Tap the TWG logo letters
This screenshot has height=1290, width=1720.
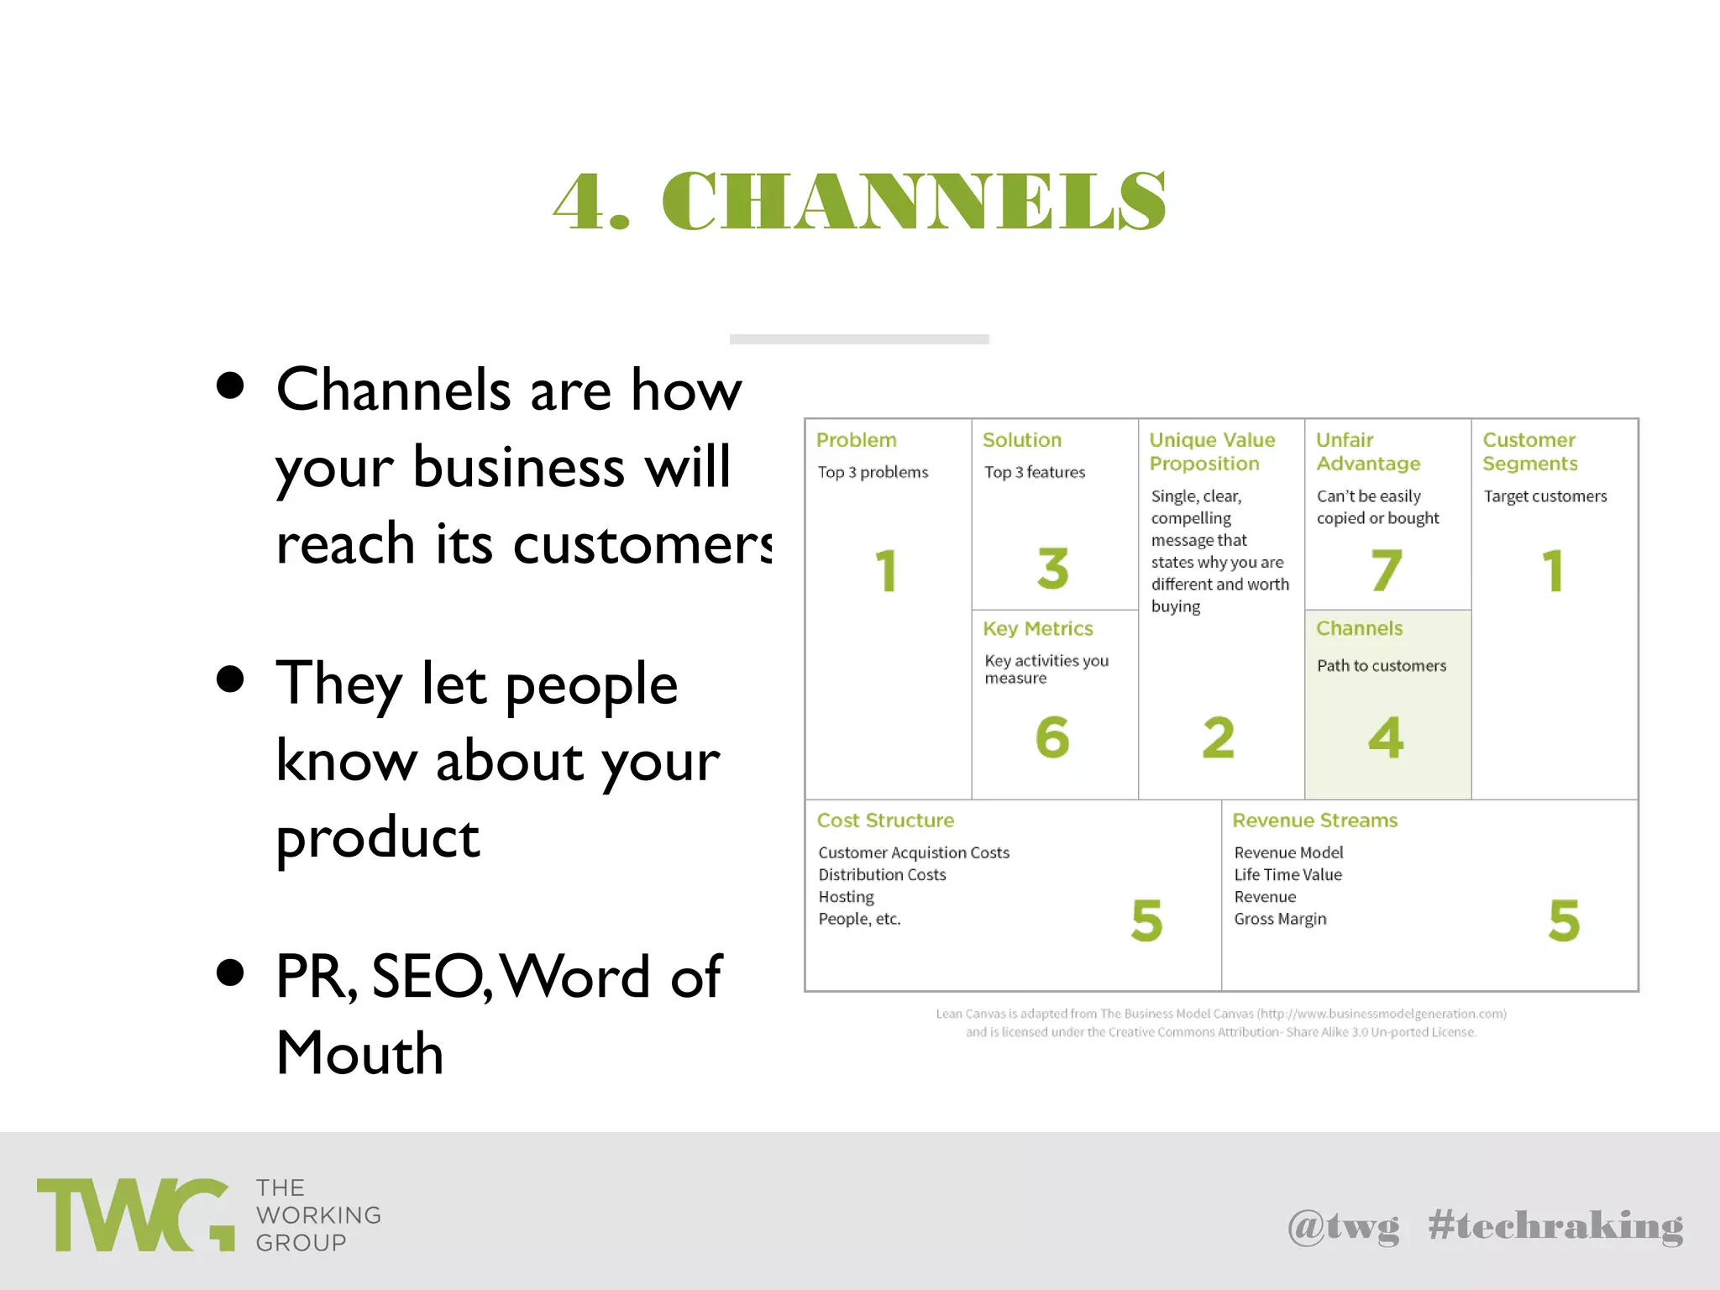click(134, 1214)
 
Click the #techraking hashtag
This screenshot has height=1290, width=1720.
click(1555, 1226)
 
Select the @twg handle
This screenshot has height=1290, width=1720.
click(1343, 1226)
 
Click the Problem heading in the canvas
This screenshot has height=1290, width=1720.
click(856, 440)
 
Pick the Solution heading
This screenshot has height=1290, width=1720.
click(1021, 440)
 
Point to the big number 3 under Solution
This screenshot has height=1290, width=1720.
click(1052, 569)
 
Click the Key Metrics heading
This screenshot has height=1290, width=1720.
click(1037, 628)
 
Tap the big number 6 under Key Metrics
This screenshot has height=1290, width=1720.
click(1052, 737)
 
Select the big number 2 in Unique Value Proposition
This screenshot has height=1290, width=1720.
click(1218, 737)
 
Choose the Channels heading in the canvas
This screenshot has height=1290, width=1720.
click(1359, 628)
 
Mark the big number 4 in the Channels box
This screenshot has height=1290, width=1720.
click(1386, 737)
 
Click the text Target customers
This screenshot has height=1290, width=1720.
click(1544, 496)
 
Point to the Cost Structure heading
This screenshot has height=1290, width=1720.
click(885, 820)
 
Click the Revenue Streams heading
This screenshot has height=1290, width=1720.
click(1314, 820)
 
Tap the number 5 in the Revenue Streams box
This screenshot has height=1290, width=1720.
click(1564, 920)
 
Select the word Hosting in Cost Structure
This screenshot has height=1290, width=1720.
click(846, 897)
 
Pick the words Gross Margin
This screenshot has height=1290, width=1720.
click(1280, 919)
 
